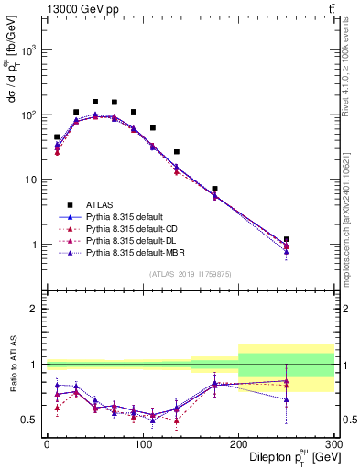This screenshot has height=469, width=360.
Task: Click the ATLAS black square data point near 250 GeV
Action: [287, 239]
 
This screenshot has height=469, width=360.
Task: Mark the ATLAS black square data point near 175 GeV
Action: [214, 189]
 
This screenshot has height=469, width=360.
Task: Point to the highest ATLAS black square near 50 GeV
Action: [95, 102]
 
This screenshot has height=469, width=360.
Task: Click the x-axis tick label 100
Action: [142, 442]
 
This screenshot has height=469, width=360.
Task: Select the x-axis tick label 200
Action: [238, 442]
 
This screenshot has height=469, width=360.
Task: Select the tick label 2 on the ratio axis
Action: [34, 309]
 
